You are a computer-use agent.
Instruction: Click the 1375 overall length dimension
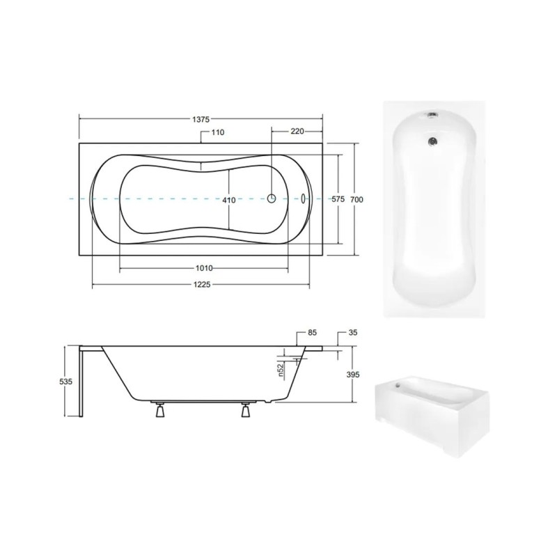click(x=201, y=120)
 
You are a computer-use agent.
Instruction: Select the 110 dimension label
click(x=218, y=132)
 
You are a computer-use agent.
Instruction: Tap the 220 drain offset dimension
click(x=297, y=132)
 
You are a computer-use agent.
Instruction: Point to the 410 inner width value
click(x=229, y=201)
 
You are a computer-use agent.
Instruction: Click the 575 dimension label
click(x=338, y=199)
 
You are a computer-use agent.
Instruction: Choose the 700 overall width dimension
click(x=356, y=200)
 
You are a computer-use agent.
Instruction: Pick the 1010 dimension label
click(x=204, y=268)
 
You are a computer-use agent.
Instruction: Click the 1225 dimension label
click(x=202, y=285)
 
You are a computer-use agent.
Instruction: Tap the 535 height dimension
click(x=65, y=382)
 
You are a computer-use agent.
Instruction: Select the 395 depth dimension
click(x=353, y=375)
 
